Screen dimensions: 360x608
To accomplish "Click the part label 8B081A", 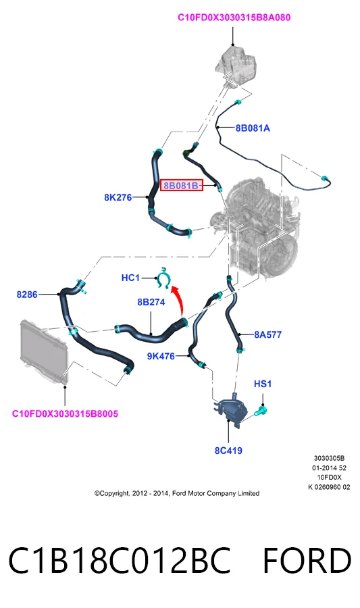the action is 253,128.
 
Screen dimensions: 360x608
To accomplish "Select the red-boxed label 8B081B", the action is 182,186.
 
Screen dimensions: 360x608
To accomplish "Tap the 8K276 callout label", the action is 118,197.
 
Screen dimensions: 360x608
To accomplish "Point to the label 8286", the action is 27,295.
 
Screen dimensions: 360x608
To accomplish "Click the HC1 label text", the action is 130,278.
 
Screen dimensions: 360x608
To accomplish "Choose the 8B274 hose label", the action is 151,302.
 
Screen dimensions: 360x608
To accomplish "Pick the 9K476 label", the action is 161,356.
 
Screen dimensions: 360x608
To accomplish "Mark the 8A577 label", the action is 267,334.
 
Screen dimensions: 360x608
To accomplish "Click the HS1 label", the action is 263,384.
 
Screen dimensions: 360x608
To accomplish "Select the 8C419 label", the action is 228,451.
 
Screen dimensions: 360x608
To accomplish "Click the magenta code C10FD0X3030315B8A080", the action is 234,18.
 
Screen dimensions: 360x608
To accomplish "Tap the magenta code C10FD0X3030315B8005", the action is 65,413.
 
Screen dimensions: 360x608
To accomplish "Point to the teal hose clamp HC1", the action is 164,278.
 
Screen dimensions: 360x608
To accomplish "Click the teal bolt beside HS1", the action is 260,410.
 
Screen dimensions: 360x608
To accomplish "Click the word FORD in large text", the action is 307,561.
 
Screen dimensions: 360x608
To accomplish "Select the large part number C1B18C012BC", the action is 120,561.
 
